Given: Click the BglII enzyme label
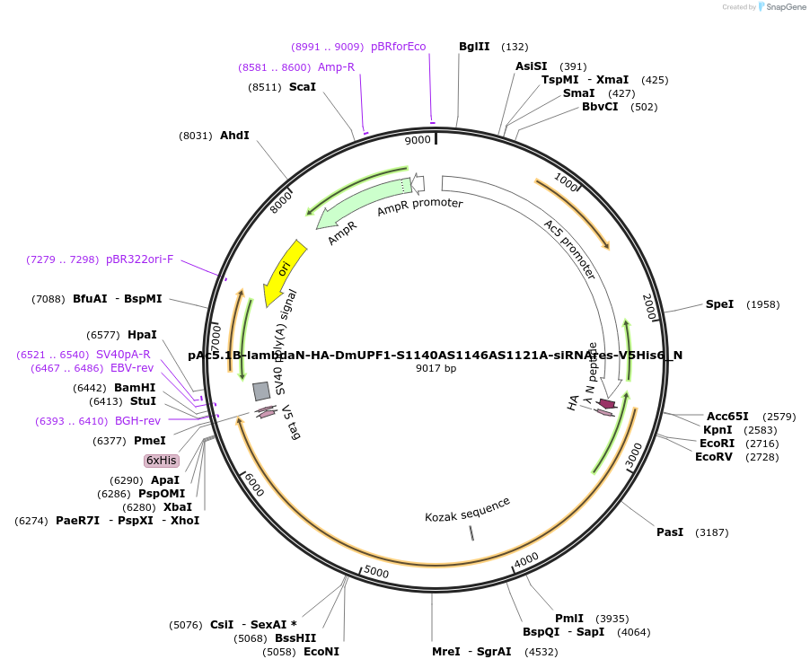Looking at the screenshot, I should pyautogui.click(x=474, y=47).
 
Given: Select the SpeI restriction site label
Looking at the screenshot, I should pyautogui.click(x=719, y=304).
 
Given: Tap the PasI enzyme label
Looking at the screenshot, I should pyautogui.click(x=670, y=532).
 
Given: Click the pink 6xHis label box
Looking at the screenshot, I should pyautogui.click(x=162, y=461).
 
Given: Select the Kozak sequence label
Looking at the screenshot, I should pyautogui.click(x=467, y=509).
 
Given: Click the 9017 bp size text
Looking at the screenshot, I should pyautogui.click(x=436, y=368).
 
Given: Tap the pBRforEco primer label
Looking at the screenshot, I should pyautogui.click(x=398, y=47).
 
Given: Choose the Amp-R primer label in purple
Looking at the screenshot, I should pyautogui.click(x=336, y=67).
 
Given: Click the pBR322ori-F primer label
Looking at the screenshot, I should pyautogui.click(x=139, y=259).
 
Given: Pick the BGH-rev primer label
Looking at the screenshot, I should pyautogui.click(x=137, y=421).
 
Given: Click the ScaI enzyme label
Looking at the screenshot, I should pyautogui.click(x=303, y=87).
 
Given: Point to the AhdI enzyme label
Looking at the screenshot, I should pyautogui.click(x=234, y=136).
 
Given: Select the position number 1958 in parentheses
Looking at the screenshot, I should pyautogui.click(x=763, y=304).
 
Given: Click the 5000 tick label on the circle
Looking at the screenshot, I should pyautogui.click(x=376, y=572).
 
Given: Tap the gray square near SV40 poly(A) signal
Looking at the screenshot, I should pyautogui.click(x=261, y=391).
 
